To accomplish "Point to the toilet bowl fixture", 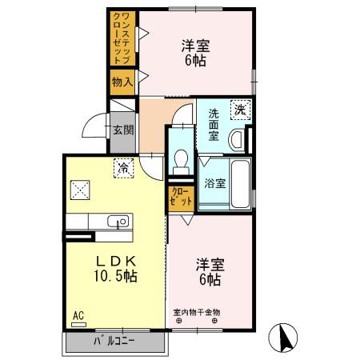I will tap(182, 157).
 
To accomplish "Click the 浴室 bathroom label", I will tap(214, 182).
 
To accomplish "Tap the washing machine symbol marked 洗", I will tap(239, 110).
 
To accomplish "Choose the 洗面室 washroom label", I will tap(214, 125).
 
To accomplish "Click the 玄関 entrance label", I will tap(122, 130).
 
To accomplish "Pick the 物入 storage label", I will tap(122, 82).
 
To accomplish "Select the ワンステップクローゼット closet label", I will tap(122, 39).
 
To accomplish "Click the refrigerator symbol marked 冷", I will tap(124, 168).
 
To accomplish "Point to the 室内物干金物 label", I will tap(196, 313).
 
